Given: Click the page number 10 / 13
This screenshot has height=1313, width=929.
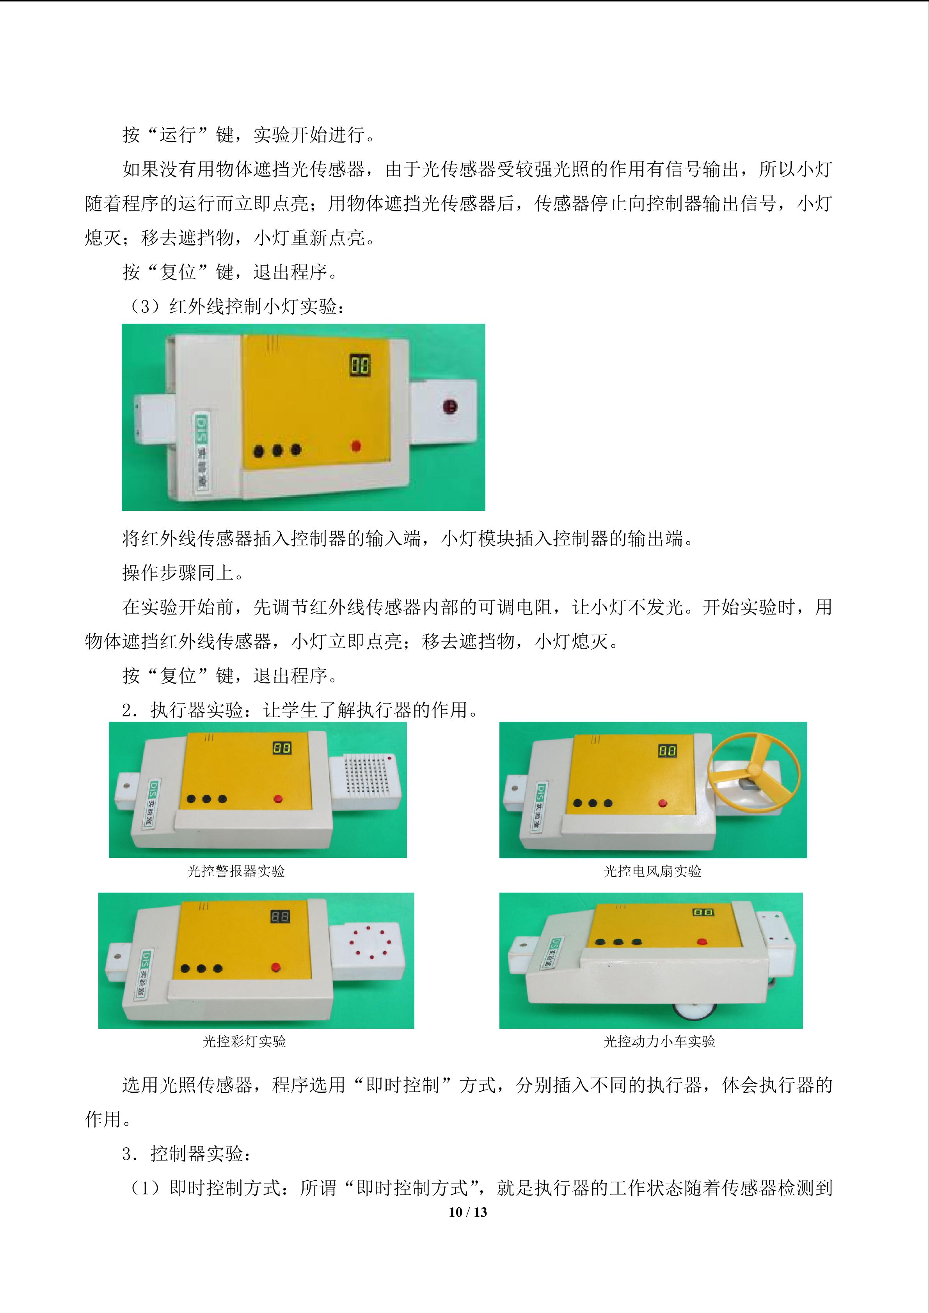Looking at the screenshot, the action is coord(468,1212).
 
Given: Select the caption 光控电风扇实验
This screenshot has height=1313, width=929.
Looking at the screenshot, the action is coord(653,872).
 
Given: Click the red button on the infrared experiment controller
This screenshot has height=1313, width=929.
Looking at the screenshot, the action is coord(356,445).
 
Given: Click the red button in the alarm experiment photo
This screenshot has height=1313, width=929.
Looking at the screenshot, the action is coord(279,799).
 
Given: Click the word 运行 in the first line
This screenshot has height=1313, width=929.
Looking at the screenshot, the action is coord(178,135).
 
